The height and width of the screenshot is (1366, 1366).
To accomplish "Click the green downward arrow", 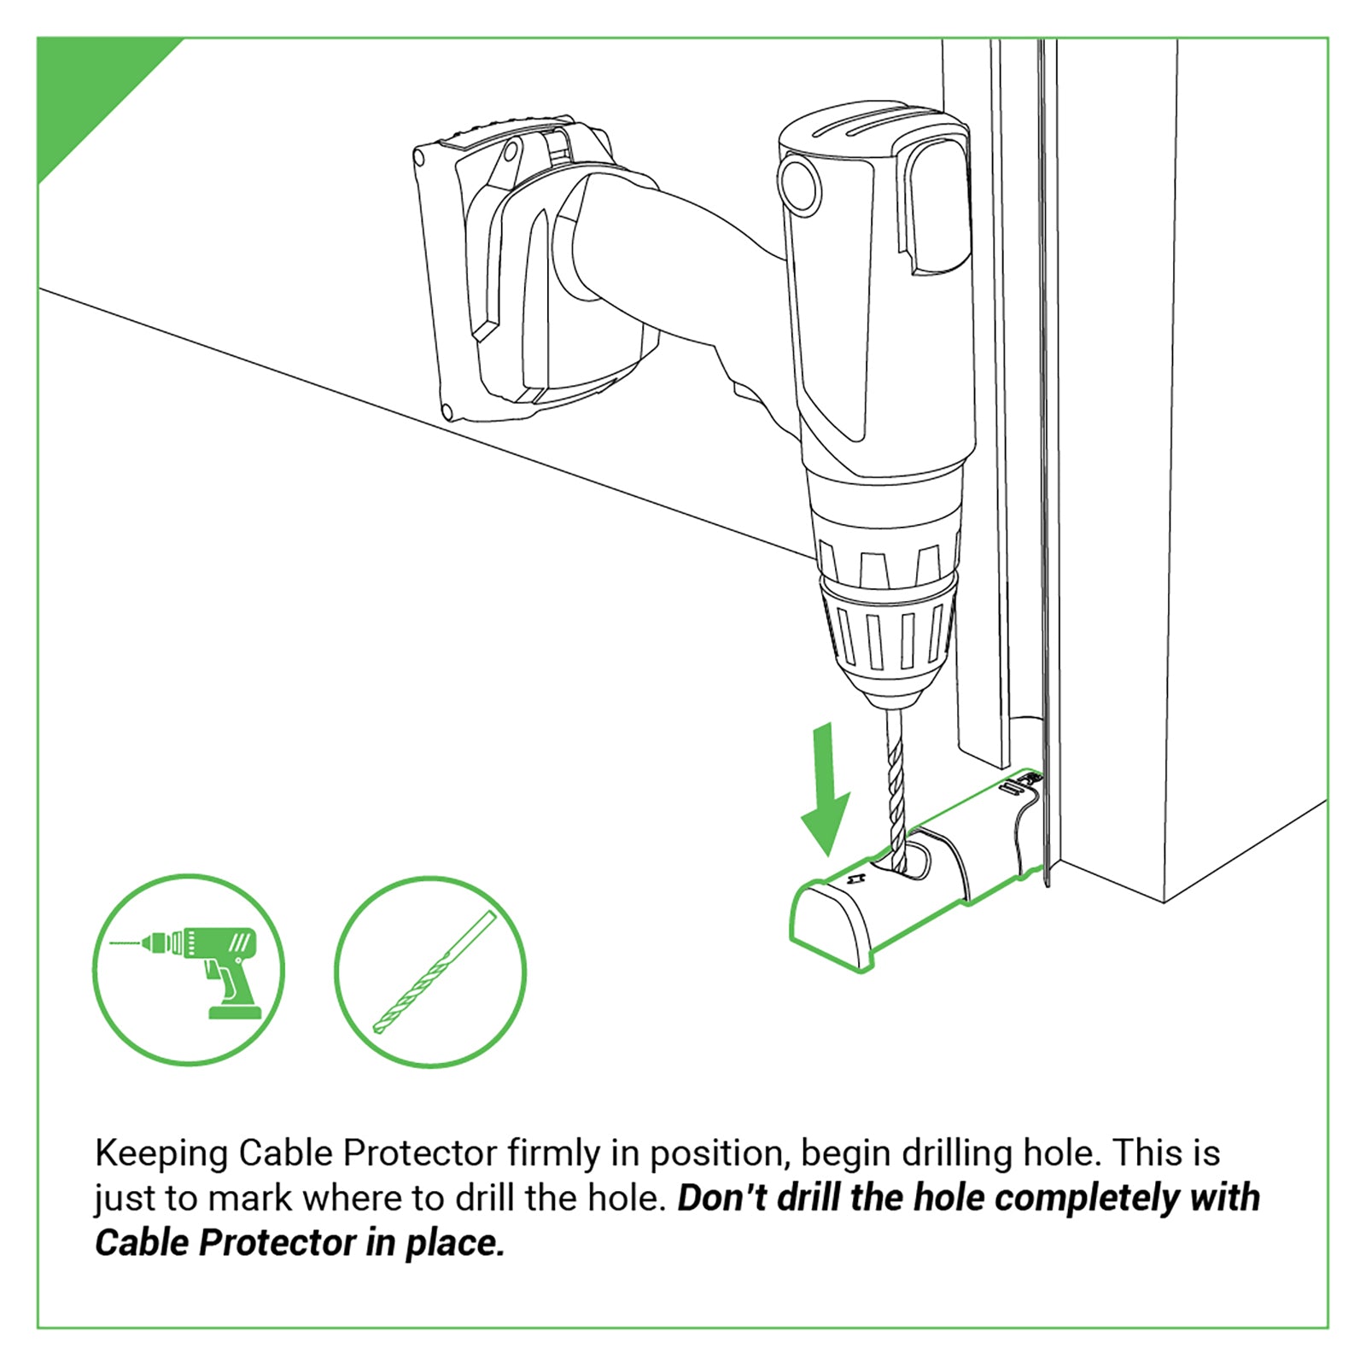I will [825, 794].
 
